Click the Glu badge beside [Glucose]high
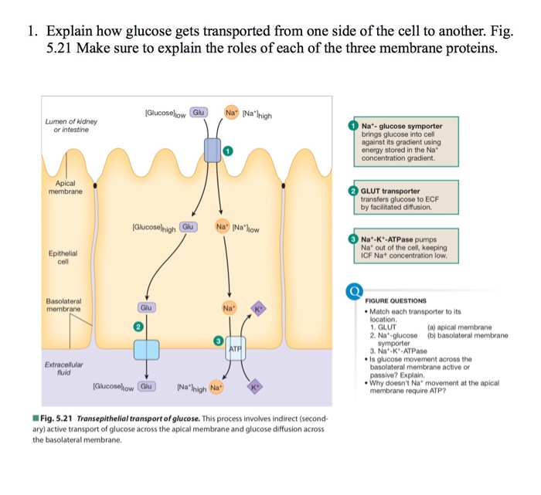pyautogui.click(x=188, y=227)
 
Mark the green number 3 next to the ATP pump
pyautogui.click(x=219, y=341)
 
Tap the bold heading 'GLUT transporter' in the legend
pyautogui.click(x=390, y=191)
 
